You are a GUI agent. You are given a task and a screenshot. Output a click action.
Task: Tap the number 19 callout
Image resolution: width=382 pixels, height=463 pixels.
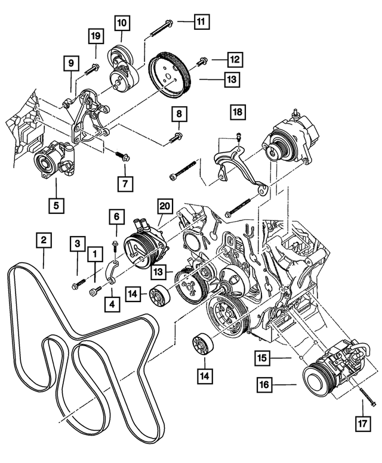point(95,36)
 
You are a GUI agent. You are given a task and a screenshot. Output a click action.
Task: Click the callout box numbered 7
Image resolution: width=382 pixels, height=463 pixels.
point(117,217)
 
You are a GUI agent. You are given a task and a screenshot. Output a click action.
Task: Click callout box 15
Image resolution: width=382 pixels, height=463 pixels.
point(262,358)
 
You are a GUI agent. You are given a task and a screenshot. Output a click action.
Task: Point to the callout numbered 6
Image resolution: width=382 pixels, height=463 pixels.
point(117,217)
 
